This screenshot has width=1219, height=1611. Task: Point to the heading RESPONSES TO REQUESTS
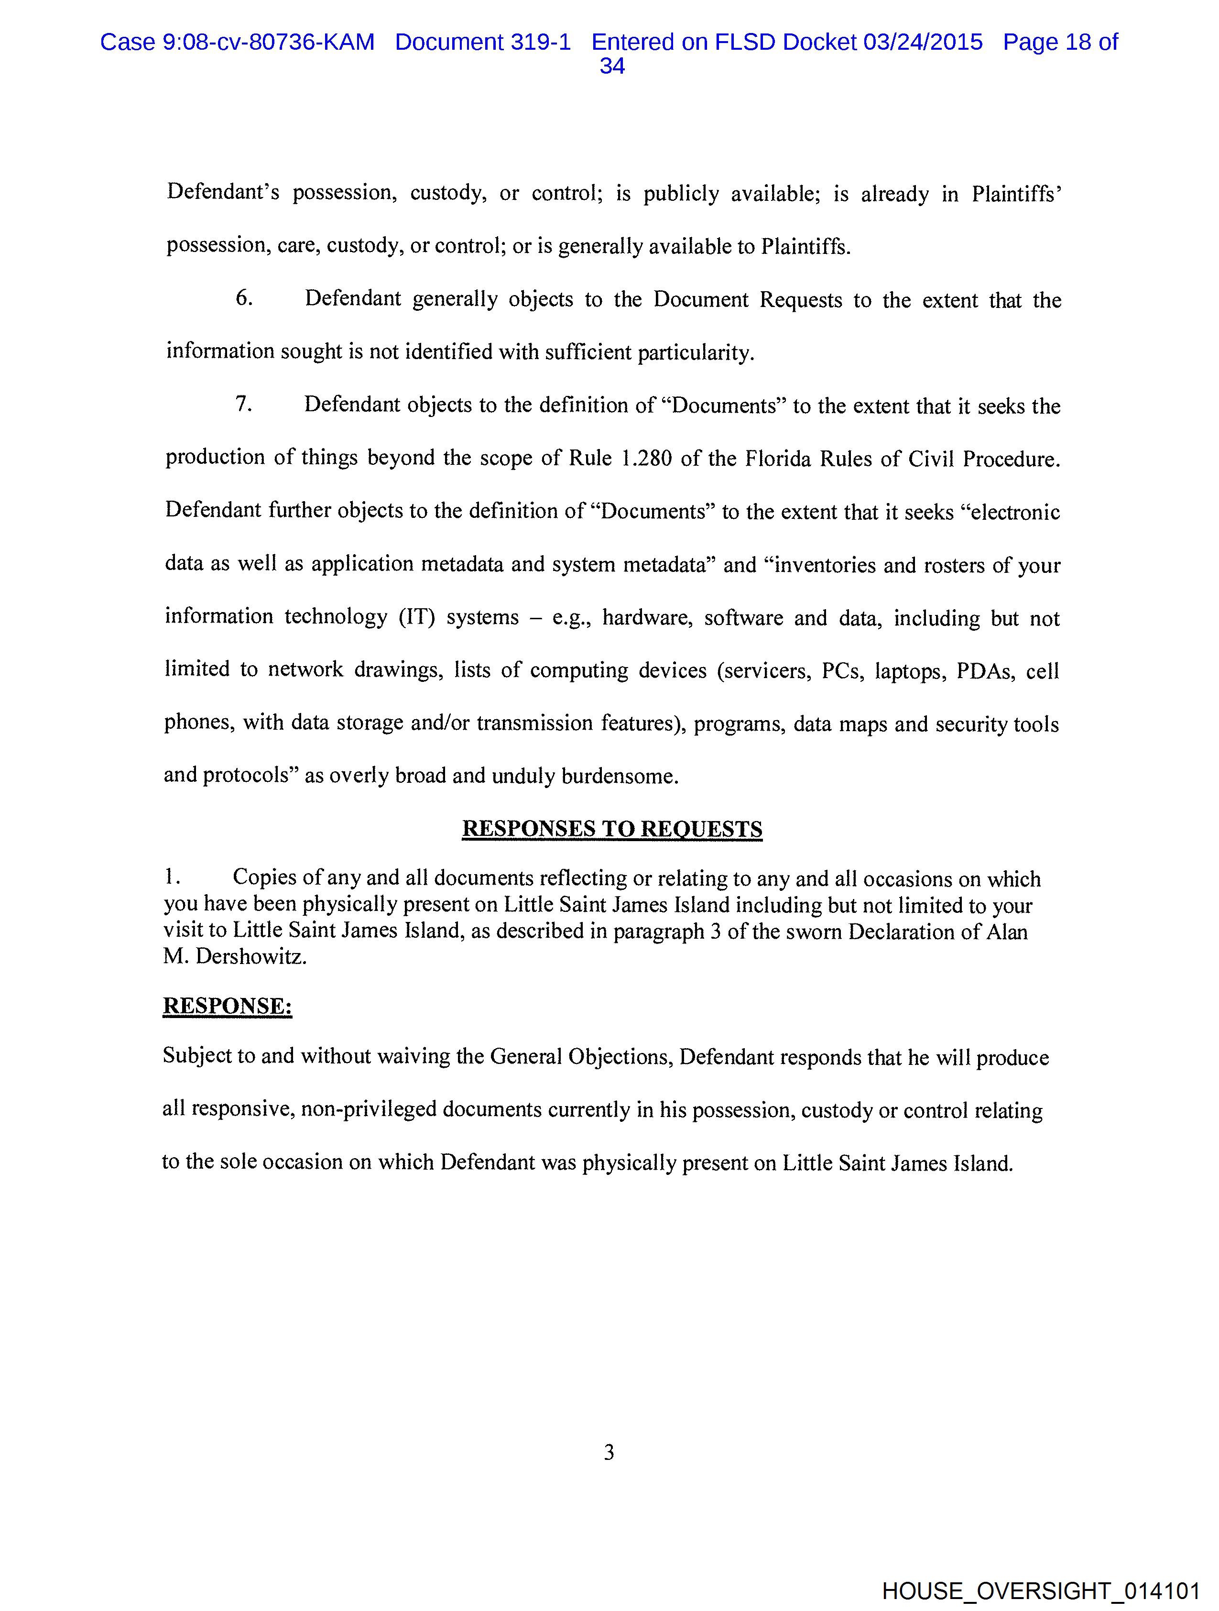(x=612, y=829)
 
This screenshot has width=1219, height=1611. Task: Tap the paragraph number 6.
(x=244, y=298)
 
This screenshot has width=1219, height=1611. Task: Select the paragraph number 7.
(x=243, y=404)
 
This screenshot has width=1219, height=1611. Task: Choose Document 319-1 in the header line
(x=483, y=42)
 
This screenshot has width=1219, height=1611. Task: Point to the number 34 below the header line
(x=612, y=66)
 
